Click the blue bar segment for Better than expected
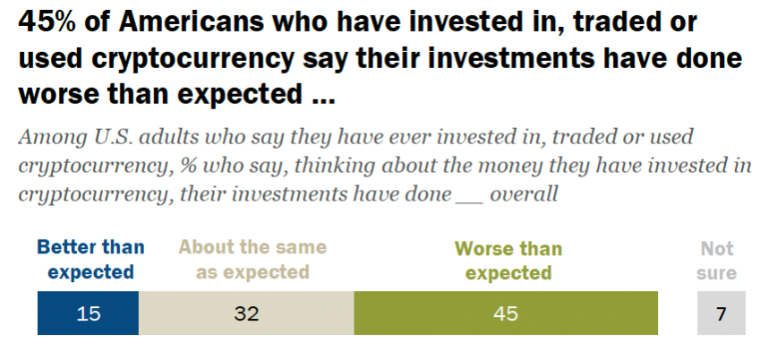coord(88,313)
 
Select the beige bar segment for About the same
coord(246,313)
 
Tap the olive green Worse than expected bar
coord(506,313)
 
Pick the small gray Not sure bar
coord(721,313)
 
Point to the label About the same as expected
coord(253,260)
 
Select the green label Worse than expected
coord(508,260)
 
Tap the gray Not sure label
coord(718,260)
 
